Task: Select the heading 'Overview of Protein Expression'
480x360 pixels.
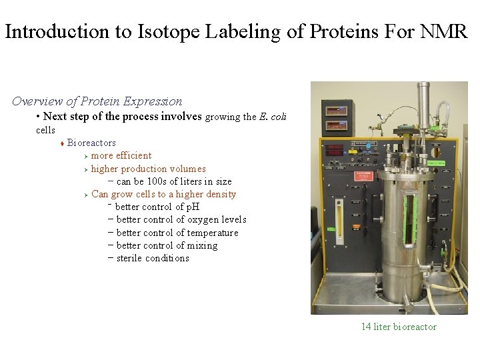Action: (x=97, y=101)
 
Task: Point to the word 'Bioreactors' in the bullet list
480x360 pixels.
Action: (x=91, y=143)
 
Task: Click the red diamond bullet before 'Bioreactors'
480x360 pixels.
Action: (x=61, y=143)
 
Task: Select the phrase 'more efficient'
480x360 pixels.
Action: (x=121, y=155)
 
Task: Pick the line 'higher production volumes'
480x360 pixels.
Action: (x=148, y=169)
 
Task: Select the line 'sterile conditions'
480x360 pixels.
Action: (x=153, y=258)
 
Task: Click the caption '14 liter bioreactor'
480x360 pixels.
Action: (x=399, y=327)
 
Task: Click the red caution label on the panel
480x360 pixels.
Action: (x=364, y=175)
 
